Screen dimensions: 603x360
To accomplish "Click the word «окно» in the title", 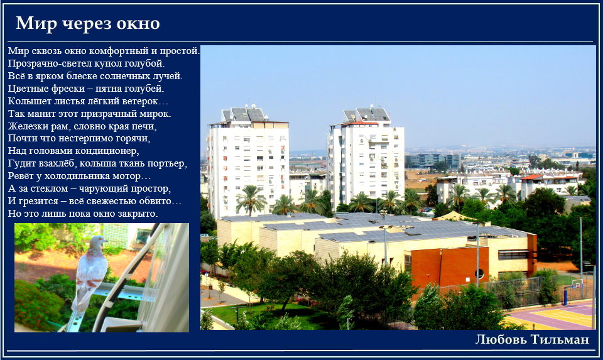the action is tap(138, 24).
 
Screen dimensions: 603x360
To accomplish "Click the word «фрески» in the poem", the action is tap(67, 89).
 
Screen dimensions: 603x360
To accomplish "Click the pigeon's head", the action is tap(97, 242).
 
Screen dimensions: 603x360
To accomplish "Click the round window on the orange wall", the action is tap(479, 274).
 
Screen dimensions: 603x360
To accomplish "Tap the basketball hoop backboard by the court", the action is tap(577, 283).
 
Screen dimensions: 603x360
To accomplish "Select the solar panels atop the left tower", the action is tap(244, 114).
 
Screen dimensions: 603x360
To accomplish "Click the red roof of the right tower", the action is tap(360, 124).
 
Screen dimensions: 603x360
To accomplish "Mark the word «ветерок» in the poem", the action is tap(143, 102).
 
